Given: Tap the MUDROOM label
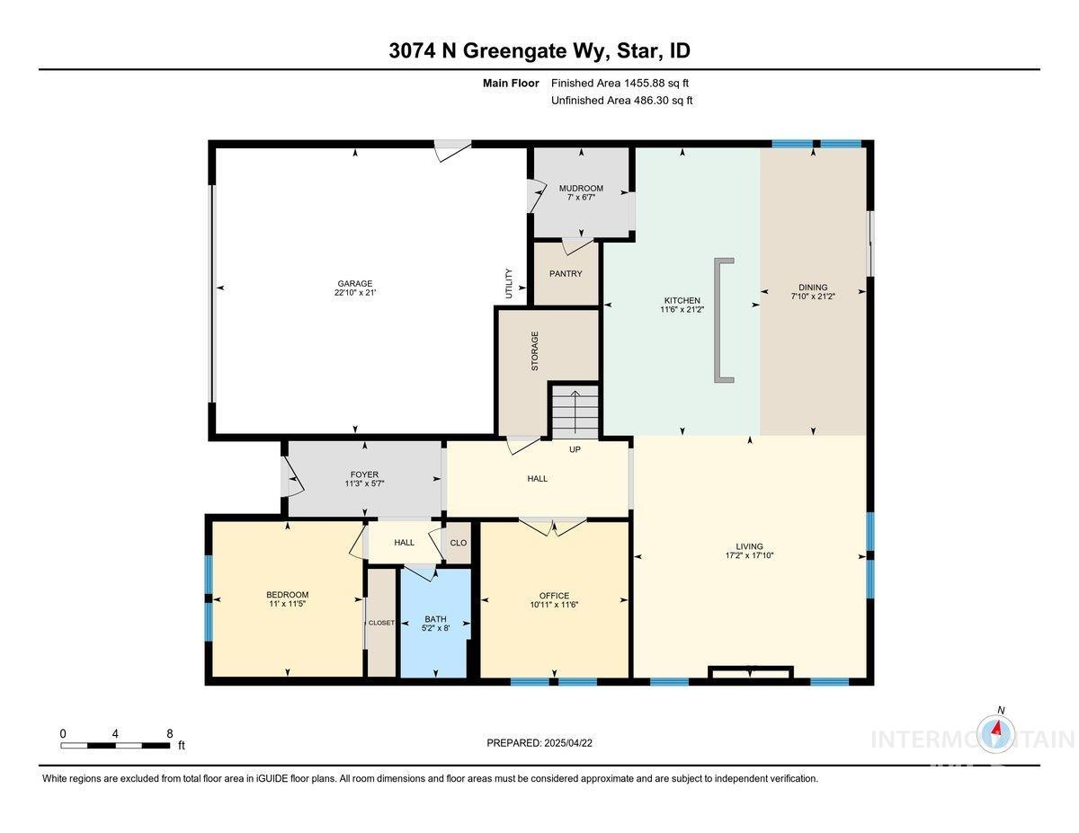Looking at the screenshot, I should [581, 189].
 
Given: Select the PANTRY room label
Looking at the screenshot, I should [566, 274].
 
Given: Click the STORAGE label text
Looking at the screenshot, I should [535, 351].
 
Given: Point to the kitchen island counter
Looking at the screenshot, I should [720, 321].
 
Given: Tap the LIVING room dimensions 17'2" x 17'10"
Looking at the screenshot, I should [749, 556].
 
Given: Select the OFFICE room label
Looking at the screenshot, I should [554, 596].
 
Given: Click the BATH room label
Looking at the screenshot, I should [435, 619].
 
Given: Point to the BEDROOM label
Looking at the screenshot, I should [287, 595].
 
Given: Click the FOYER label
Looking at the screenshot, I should [364, 474].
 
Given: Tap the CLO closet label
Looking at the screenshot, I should [459, 543].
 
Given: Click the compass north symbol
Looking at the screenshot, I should [998, 732].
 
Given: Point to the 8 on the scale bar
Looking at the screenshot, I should [169, 734].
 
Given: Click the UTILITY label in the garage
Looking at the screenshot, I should [509, 284].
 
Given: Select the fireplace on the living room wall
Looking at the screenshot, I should [750, 671].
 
